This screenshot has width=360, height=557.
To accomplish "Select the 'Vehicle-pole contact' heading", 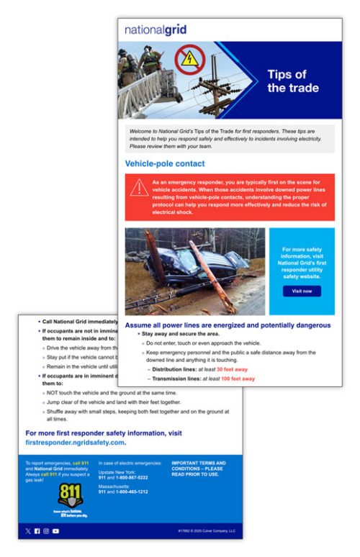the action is pyautogui.click(x=165, y=163).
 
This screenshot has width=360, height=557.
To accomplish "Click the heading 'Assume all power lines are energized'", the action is pyautogui.click(x=228, y=325).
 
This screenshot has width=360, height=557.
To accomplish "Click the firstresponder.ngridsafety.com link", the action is pyautogui.click(x=81, y=443).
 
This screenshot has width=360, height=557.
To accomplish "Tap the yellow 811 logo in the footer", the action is pyautogui.click(x=70, y=494).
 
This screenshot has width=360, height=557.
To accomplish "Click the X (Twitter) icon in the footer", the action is pyautogui.click(x=28, y=531).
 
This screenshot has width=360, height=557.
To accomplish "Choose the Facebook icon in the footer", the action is pyautogui.click(x=37, y=531).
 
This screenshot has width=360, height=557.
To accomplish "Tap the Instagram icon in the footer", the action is pyautogui.click(x=46, y=531).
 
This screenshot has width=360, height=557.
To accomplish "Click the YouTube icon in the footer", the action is pyautogui.click(x=55, y=531).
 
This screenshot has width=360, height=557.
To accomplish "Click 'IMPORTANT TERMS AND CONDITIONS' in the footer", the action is pyautogui.click(x=198, y=466).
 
